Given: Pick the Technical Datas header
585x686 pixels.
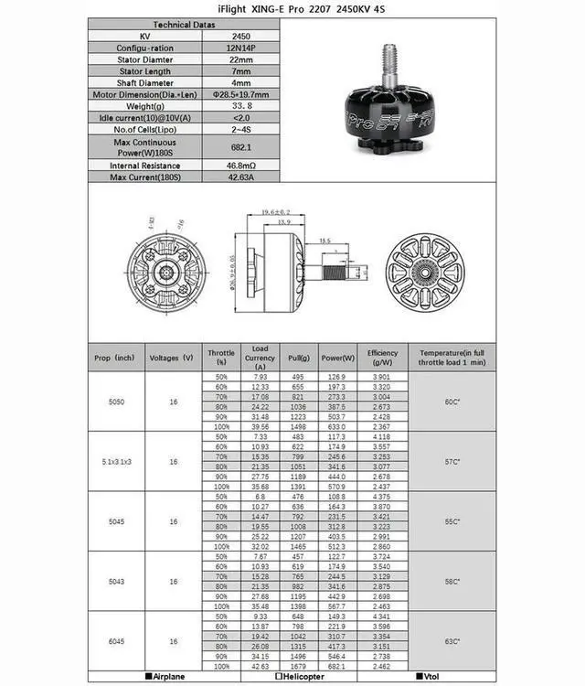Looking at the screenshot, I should pyautogui.click(x=184, y=25).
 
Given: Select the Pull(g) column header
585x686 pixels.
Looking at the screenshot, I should pyautogui.click(x=298, y=358).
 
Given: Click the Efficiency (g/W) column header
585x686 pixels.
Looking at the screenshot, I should pyautogui.click(x=382, y=358).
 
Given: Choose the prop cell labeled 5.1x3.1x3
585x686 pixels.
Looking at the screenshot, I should pyautogui.click(x=116, y=462).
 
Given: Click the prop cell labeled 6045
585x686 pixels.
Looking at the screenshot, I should pyautogui.click(x=116, y=640).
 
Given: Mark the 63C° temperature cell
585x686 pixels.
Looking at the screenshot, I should pyautogui.click(x=451, y=640).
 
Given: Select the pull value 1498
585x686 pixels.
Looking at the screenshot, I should pyautogui.click(x=298, y=426).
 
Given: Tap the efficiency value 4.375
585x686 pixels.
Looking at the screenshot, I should pyautogui.click(x=382, y=497).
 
